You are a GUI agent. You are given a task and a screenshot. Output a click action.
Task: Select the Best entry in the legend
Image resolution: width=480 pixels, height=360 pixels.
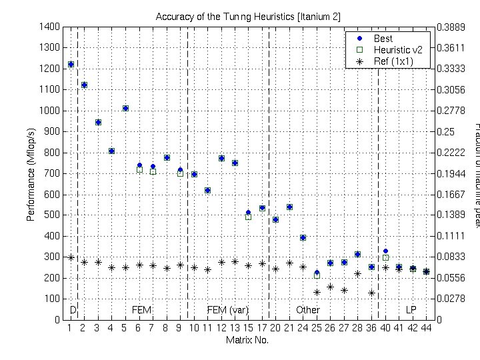tap(383, 39)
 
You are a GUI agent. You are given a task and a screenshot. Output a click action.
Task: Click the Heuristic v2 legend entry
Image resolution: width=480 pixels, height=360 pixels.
tap(393, 50)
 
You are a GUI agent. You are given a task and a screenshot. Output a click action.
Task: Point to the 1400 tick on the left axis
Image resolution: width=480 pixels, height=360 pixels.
tap(51, 27)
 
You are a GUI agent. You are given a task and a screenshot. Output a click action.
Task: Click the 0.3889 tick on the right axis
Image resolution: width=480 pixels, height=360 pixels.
tap(451, 27)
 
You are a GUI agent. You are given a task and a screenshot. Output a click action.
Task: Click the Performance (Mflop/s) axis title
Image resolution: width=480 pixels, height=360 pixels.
tap(31, 173)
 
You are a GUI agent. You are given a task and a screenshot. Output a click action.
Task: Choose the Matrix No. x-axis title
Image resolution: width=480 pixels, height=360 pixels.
tap(247, 340)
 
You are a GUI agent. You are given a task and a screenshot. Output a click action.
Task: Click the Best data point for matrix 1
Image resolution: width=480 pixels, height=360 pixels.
tap(71, 65)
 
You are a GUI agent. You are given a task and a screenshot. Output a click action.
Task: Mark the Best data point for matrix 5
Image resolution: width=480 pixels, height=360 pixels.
tap(125, 108)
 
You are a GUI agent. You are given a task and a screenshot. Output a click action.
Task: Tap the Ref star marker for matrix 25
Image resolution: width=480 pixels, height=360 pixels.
tap(317, 292)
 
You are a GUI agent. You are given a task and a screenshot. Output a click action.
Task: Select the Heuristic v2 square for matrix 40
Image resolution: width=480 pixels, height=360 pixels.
tap(385, 257)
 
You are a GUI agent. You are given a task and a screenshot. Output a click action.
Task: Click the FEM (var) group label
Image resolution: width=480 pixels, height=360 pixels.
tap(228, 310)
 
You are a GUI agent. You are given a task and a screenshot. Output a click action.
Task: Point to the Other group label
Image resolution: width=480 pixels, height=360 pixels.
tap(308, 310)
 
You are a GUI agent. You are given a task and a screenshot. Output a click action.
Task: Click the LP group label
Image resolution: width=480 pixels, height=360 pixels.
tap(411, 310)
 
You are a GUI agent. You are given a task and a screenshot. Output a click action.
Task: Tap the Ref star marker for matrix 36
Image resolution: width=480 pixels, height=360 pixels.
tap(371, 293)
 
